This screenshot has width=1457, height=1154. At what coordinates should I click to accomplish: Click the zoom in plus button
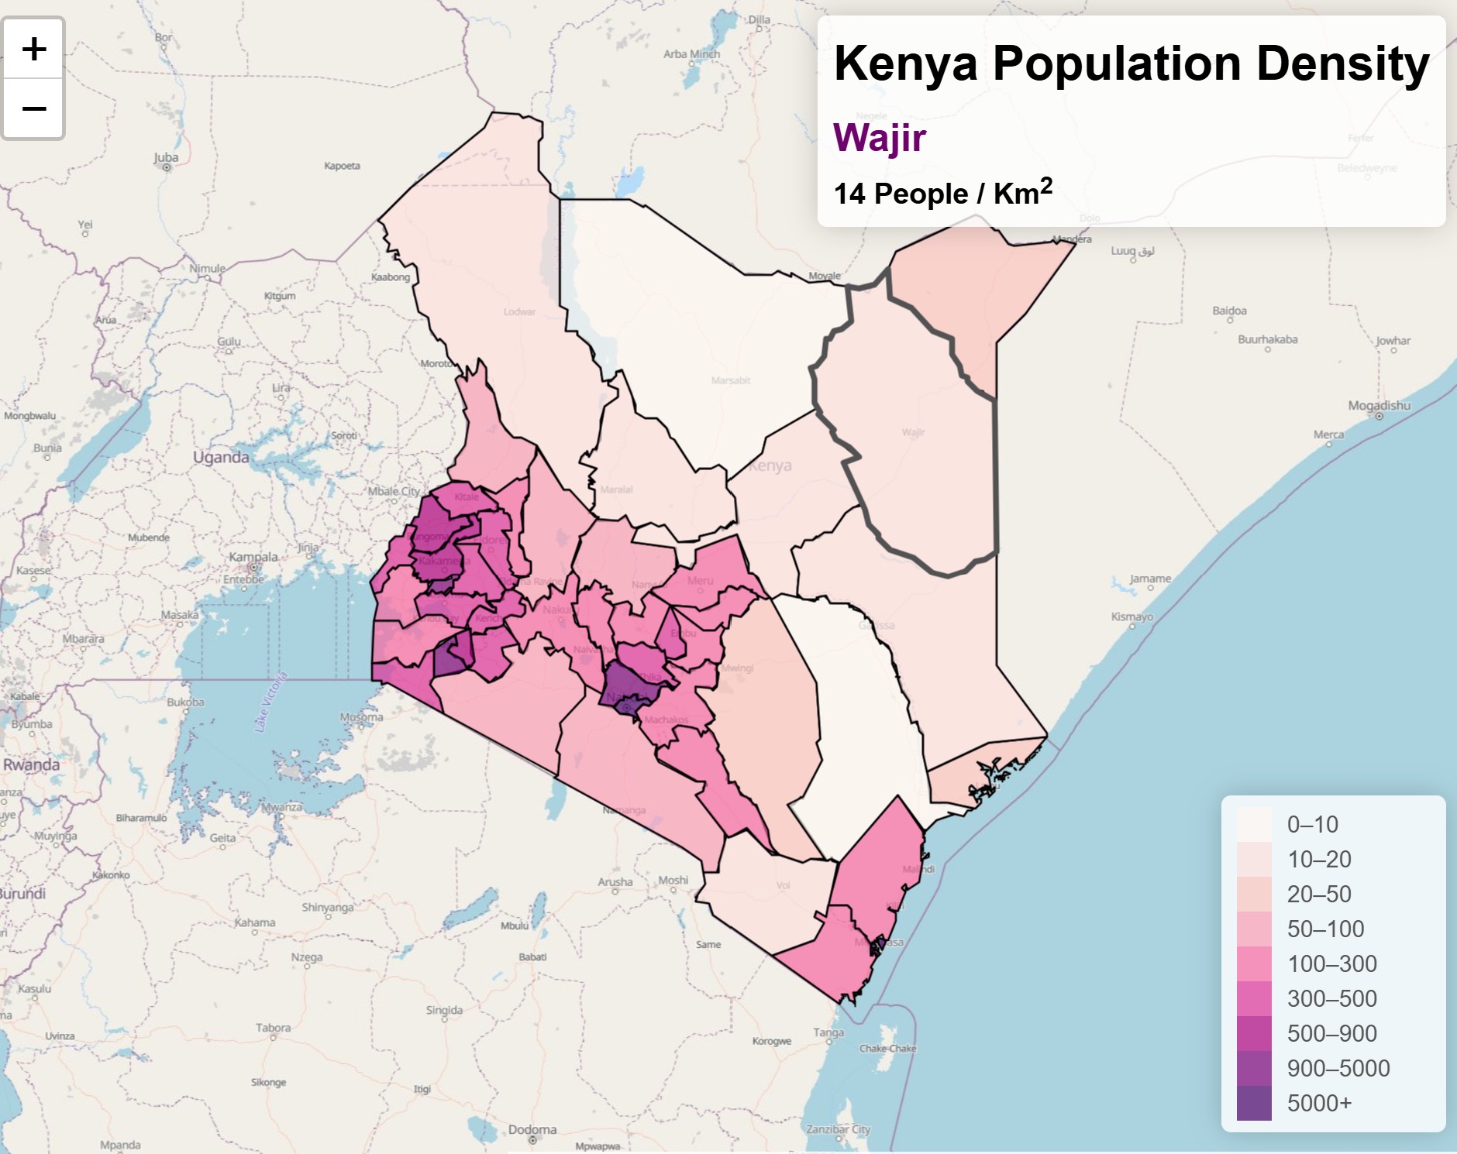33,49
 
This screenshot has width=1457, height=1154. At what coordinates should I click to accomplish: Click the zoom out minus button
33,108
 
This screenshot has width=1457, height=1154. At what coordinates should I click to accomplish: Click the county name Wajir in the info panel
879,138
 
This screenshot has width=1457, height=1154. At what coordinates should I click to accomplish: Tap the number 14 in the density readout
849,194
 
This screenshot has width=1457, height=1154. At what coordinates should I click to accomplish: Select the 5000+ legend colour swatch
1253,1103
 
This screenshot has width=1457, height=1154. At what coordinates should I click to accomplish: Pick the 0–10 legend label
1312,824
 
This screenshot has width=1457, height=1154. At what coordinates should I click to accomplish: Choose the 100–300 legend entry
1331,963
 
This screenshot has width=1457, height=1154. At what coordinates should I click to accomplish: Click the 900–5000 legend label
1338,1068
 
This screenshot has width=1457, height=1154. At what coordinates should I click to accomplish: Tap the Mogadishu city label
1379,406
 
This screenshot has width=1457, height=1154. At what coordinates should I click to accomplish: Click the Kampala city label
253,557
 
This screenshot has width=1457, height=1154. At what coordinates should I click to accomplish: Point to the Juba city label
166,158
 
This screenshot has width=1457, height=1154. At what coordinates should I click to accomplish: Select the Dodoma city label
532,1129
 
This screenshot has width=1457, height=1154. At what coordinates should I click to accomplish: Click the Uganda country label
221,457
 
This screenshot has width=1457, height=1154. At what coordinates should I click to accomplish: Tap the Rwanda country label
31,764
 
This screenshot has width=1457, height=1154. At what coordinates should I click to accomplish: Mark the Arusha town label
615,881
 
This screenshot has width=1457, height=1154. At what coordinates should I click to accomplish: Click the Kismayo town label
1131,616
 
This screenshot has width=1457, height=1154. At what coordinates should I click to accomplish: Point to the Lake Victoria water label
270,702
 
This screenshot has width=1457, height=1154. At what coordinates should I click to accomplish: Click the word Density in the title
1342,64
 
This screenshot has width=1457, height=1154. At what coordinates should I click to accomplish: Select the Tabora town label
273,1028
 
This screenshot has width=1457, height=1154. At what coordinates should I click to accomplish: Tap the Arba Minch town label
691,54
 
